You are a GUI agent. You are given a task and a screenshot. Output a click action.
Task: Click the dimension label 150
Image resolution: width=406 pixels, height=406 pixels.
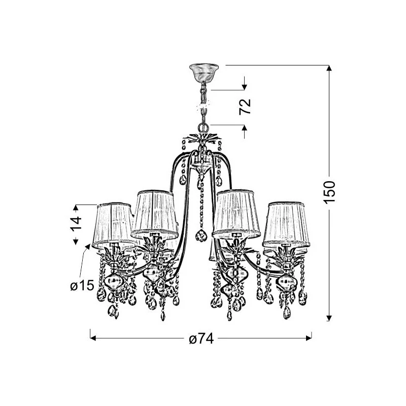[330, 192]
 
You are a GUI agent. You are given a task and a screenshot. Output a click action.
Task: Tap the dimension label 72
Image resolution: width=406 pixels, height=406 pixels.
[245, 107]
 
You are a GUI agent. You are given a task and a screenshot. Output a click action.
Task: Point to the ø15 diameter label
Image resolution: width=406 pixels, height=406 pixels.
[82, 285]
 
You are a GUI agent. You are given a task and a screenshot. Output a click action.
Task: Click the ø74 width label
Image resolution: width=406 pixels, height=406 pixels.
[201, 339]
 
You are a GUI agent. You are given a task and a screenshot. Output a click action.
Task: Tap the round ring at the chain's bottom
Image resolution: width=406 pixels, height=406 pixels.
[204, 128]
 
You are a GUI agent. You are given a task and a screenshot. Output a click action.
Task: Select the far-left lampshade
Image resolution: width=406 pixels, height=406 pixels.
[113, 225]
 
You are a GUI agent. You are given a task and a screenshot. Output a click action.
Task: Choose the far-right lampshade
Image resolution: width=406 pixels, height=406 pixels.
[286, 224]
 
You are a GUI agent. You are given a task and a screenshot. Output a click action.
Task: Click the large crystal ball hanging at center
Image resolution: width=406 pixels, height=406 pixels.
[201, 235]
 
